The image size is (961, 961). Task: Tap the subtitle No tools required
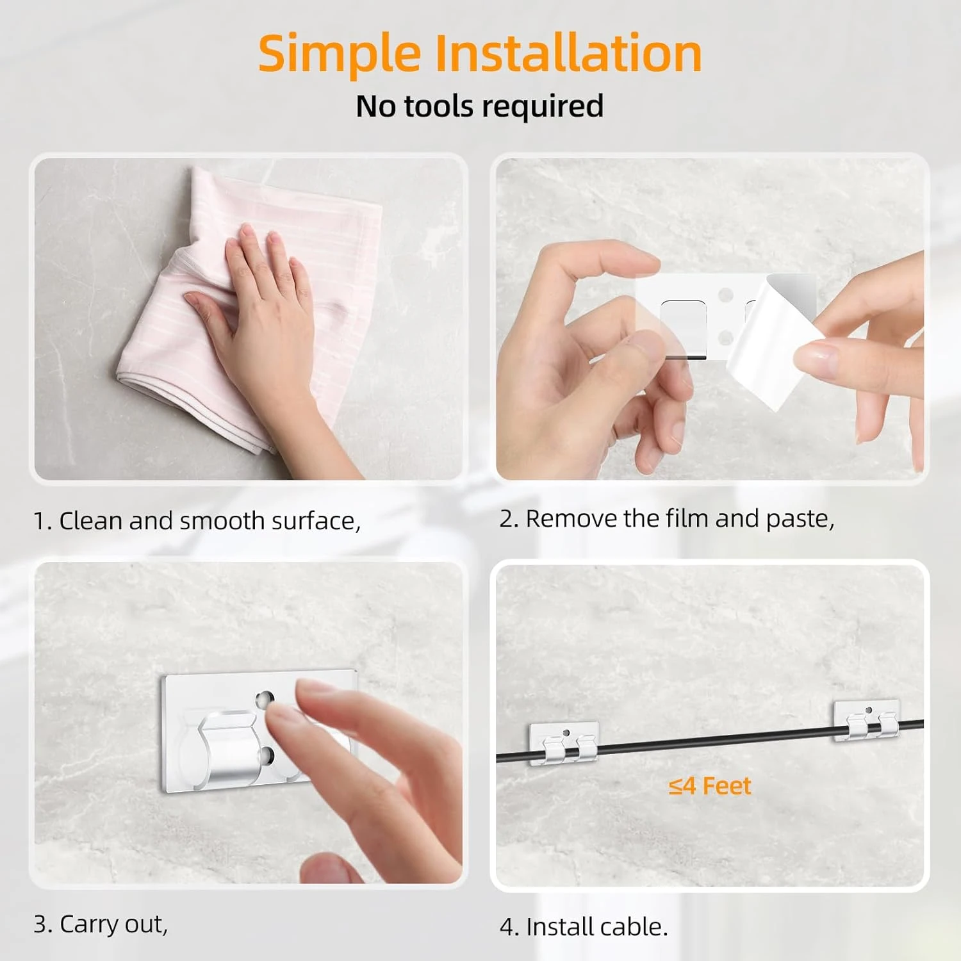click(x=480, y=106)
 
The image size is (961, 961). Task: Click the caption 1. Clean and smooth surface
click(x=197, y=521)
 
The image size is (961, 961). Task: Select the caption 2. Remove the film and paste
click(x=667, y=519)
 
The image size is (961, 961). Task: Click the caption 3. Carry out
click(x=101, y=924)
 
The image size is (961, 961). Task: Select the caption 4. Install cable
click(x=584, y=927)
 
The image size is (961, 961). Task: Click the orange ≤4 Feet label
click(x=710, y=786)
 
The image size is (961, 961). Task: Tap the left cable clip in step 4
click(x=564, y=743)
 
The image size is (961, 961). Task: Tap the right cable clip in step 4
click(x=867, y=721)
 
